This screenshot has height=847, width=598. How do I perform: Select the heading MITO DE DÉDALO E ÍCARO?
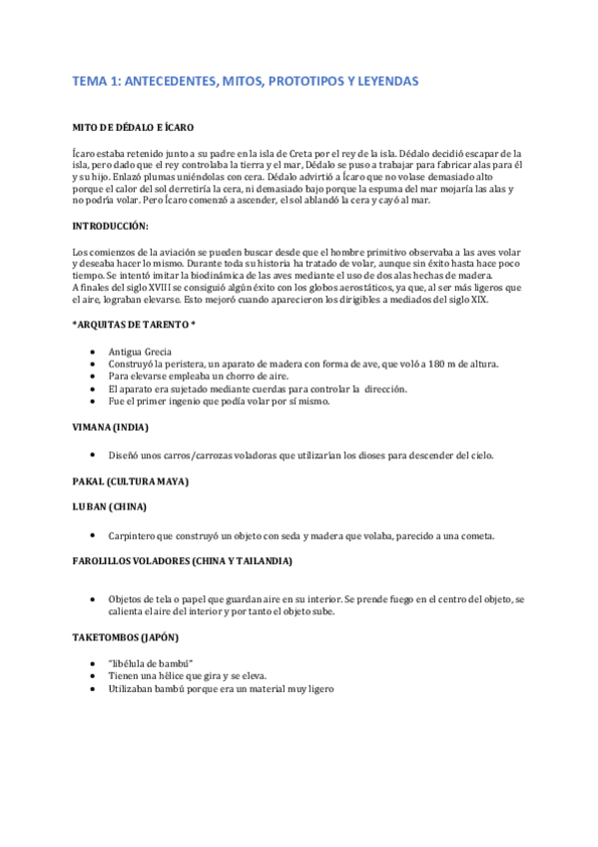(133, 129)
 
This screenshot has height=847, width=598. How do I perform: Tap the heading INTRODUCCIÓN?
(111, 225)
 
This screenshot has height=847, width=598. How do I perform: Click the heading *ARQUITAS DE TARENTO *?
(135, 325)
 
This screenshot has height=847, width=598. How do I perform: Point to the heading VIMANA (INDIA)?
(111, 426)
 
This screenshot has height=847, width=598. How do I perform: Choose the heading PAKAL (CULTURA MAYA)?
(131, 481)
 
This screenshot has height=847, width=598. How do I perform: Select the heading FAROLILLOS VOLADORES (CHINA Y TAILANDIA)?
(183, 561)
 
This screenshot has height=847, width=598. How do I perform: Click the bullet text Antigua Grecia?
(140, 352)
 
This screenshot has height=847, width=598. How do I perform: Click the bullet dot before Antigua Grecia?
(93, 352)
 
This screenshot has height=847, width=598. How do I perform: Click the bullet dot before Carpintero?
(93, 535)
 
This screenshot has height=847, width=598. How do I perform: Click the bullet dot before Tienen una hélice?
(93, 676)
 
